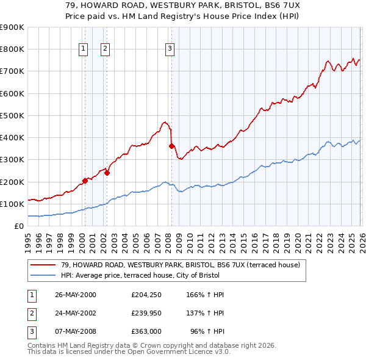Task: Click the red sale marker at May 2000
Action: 85,180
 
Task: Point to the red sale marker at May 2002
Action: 107,173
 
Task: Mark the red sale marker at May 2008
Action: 171,145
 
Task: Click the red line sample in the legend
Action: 43,265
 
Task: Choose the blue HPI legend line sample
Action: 43,275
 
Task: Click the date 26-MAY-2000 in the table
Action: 76,295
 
